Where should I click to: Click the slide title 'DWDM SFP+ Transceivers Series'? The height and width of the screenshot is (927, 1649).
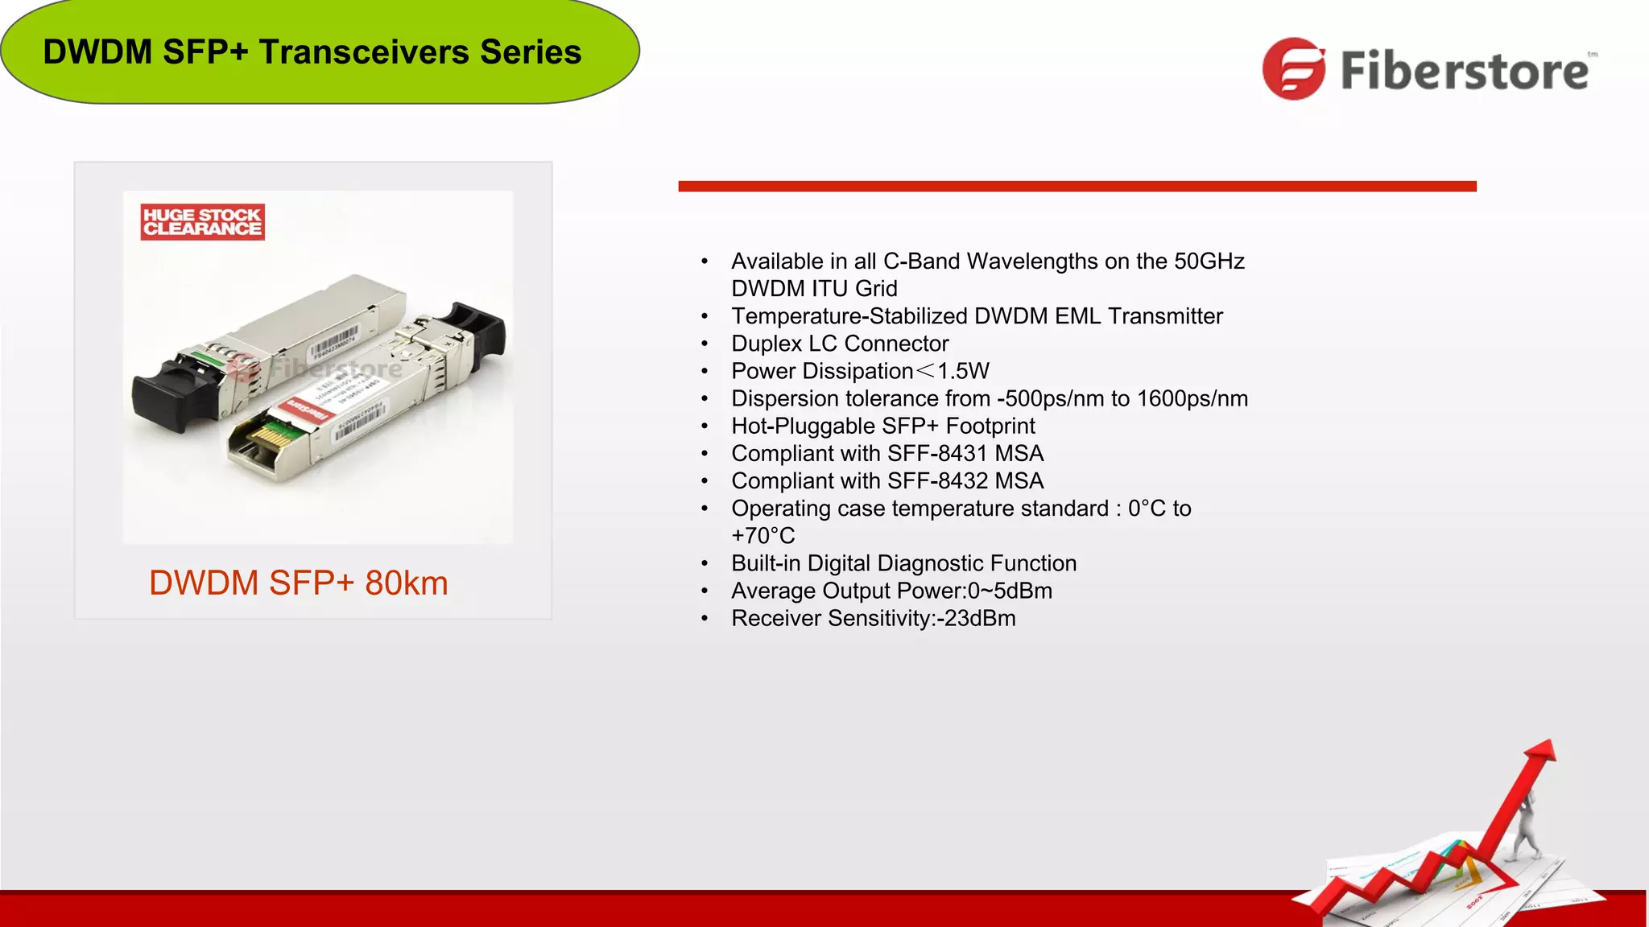pyautogui.click(x=312, y=52)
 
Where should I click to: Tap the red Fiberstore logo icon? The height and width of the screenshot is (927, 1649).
pyautogui.click(x=1293, y=69)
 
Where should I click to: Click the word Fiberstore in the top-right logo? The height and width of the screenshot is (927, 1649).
pyautogui.click(x=1464, y=71)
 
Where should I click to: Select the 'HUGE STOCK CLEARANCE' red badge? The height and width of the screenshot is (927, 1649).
pyautogui.click(x=202, y=222)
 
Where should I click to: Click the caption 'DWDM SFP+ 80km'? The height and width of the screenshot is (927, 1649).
pyautogui.click(x=298, y=583)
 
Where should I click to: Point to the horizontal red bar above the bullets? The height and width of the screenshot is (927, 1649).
pyautogui.click(x=1077, y=186)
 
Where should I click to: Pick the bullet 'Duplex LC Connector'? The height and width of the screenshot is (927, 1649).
pyautogui.click(x=839, y=344)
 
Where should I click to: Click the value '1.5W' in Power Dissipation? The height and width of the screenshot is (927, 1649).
pyautogui.click(x=963, y=371)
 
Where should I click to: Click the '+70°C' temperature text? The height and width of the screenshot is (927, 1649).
pyautogui.click(x=763, y=536)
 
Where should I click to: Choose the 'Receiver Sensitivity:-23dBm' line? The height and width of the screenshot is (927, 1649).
pyautogui.click(x=873, y=618)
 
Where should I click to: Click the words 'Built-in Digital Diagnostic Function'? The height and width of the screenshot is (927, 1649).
pyautogui.click(x=903, y=563)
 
